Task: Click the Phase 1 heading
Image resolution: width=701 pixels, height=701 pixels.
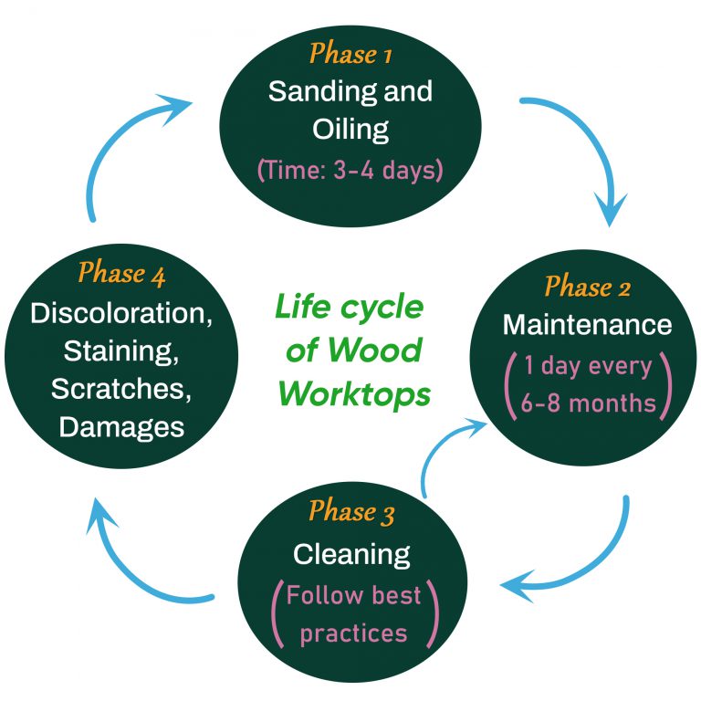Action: click(350, 54)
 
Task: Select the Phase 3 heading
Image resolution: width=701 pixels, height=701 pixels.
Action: click(351, 512)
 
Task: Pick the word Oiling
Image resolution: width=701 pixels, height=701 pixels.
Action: click(350, 129)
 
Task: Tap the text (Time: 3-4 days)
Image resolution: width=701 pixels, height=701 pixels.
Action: click(350, 170)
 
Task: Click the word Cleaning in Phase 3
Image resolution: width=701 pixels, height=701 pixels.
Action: click(351, 554)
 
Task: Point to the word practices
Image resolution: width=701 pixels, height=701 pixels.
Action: click(353, 632)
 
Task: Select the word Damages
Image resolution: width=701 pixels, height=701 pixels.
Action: click(121, 426)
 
